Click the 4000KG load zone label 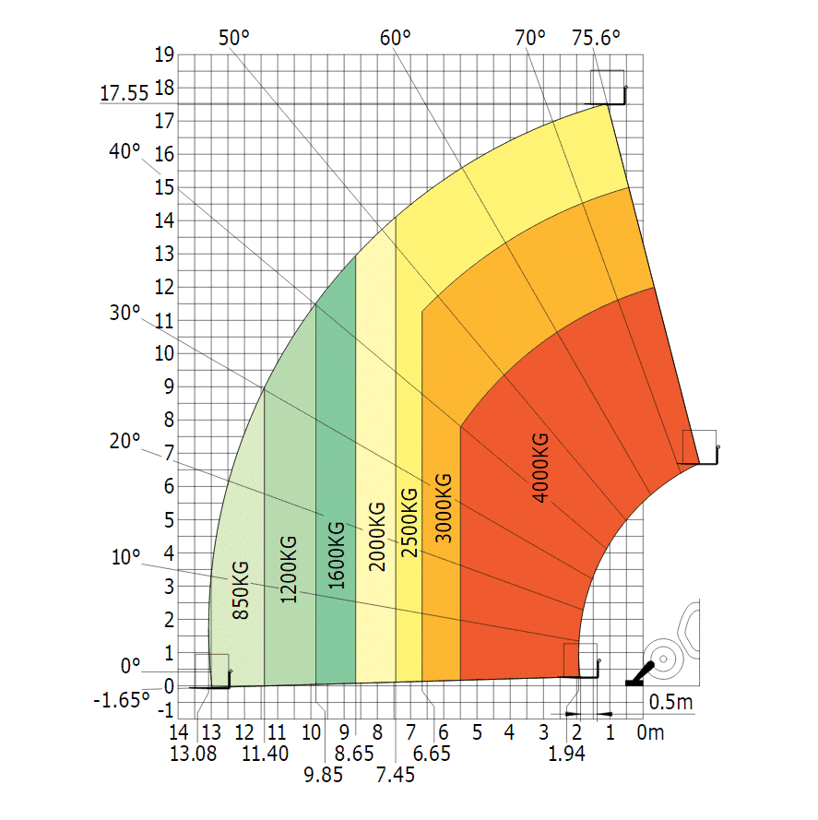(540, 468)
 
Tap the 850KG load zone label (241, 589)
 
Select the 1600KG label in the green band (337, 555)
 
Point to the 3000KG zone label (442, 506)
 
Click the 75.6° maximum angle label (596, 38)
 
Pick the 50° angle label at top (234, 38)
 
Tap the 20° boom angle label (124, 442)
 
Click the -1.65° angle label (122, 700)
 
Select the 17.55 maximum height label (124, 93)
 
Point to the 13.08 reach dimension (196, 754)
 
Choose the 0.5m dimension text (670, 703)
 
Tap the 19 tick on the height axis (165, 54)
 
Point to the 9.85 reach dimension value (324, 774)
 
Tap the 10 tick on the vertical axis (165, 353)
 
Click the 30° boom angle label (124, 313)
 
